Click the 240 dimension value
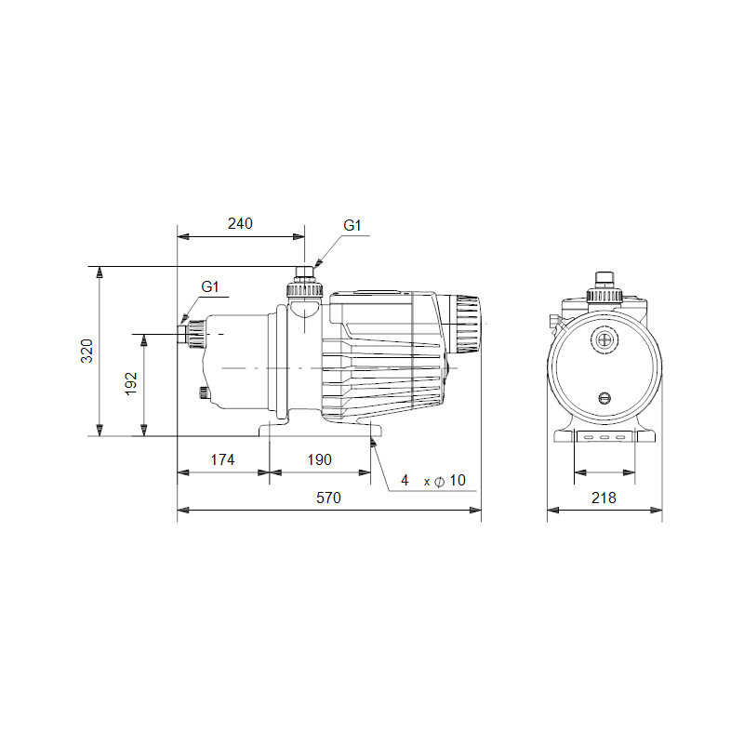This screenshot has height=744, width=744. tap(240, 223)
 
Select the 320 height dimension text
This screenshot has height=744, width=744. tap(86, 352)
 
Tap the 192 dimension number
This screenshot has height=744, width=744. tap(130, 384)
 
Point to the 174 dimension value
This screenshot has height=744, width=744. tap(222, 459)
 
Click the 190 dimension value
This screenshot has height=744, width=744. tap(319, 459)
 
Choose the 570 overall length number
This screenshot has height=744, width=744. tap(328, 498)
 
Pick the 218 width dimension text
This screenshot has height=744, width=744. tap(604, 498)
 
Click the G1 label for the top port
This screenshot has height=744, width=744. tap(352, 225)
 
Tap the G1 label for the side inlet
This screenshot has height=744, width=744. tap(210, 286)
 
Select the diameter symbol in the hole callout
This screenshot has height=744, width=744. tap(439, 482)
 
